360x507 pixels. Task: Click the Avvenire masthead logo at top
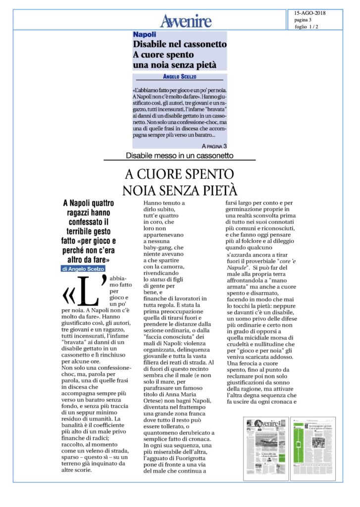(x=185, y=21)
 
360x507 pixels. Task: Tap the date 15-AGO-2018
(x=310, y=13)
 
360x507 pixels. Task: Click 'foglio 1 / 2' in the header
(x=306, y=27)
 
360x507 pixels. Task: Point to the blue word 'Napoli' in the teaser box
(x=144, y=35)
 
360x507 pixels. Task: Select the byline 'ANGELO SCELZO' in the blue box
(x=179, y=77)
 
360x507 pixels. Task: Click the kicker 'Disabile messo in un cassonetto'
(x=179, y=156)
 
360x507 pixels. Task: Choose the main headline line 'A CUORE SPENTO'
(x=179, y=174)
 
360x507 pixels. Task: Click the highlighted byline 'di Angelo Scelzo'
(x=83, y=268)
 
